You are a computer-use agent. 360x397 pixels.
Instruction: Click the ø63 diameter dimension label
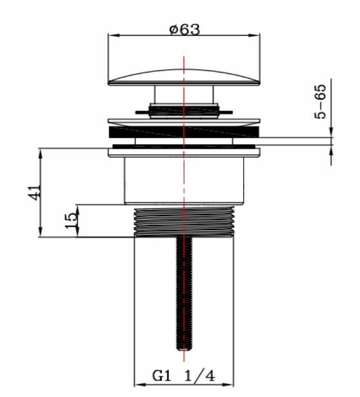point(185,30)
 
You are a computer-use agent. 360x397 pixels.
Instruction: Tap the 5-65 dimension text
point(320,101)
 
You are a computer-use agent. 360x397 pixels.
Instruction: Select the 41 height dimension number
point(35,193)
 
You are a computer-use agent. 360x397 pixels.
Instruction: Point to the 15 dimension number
point(71,220)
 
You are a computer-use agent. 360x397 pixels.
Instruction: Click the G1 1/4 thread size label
point(184,376)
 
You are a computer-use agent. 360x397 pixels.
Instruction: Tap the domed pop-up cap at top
point(184,77)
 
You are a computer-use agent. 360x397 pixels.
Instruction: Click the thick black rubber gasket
point(184,132)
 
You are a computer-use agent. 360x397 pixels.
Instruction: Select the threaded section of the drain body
point(184,222)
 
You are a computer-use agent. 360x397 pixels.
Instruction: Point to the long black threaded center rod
point(184,293)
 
